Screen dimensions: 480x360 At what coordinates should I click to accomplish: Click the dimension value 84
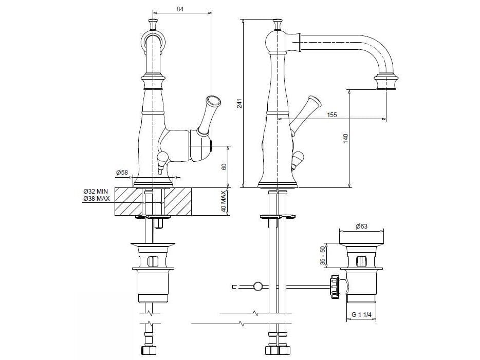pyautogui.click(x=180, y=9)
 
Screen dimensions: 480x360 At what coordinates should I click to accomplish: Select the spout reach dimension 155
pyautogui.click(x=331, y=115)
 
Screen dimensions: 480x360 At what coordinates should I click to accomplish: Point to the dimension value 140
pyautogui.click(x=346, y=139)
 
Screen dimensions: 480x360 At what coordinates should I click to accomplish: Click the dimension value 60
pyautogui.click(x=224, y=167)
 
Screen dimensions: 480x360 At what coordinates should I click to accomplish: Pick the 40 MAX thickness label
pyautogui.click(x=224, y=201)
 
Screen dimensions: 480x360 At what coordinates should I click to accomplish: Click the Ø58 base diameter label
pyautogui.click(x=122, y=173)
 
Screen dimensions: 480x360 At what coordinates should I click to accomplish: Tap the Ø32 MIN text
pyautogui.click(x=96, y=192)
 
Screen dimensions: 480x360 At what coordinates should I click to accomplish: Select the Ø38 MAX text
pyautogui.click(x=97, y=199)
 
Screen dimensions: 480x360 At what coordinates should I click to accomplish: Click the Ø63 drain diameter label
pyautogui.click(x=361, y=226)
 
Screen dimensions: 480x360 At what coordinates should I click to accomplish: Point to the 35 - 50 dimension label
pyautogui.click(x=322, y=255)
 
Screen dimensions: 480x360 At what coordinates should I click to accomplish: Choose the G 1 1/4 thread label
pyautogui.click(x=361, y=314)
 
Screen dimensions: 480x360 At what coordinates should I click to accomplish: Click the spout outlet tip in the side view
pyautogui.click(x=386, y=88)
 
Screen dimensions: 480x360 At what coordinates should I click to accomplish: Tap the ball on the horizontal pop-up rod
pyautogui.click(x=258, y=286)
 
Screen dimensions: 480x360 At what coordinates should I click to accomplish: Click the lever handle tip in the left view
pyautogui.click(x=213, y=101)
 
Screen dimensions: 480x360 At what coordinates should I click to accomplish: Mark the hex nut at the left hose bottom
pyautogui.click(x=149, y=351)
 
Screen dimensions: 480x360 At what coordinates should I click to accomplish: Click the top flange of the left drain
pyautogui.click(x=153, y=244)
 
